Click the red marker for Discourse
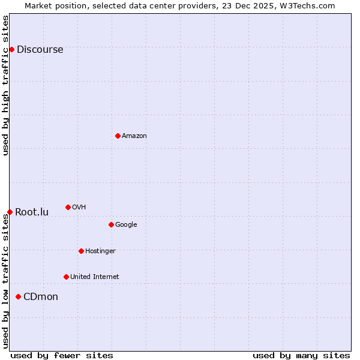point(11,49)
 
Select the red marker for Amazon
point(118,136)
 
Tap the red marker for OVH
point(68,207)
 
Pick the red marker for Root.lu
point(10,212)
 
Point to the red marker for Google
point(111,224)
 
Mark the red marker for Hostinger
point(81,251)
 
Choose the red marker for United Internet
point(66,277)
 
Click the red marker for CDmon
point(18,296)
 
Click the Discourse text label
point(40,50)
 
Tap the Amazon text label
point(134,136)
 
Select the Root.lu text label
point(32,212)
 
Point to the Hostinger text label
point(100,251)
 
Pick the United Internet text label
point(94,277)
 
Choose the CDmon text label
point(41,297)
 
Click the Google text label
point(126,225)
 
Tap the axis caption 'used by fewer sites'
point(62,355)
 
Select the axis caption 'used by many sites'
point(301,355)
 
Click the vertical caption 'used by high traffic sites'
point(5,85)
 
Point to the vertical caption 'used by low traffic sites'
point(5,281)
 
